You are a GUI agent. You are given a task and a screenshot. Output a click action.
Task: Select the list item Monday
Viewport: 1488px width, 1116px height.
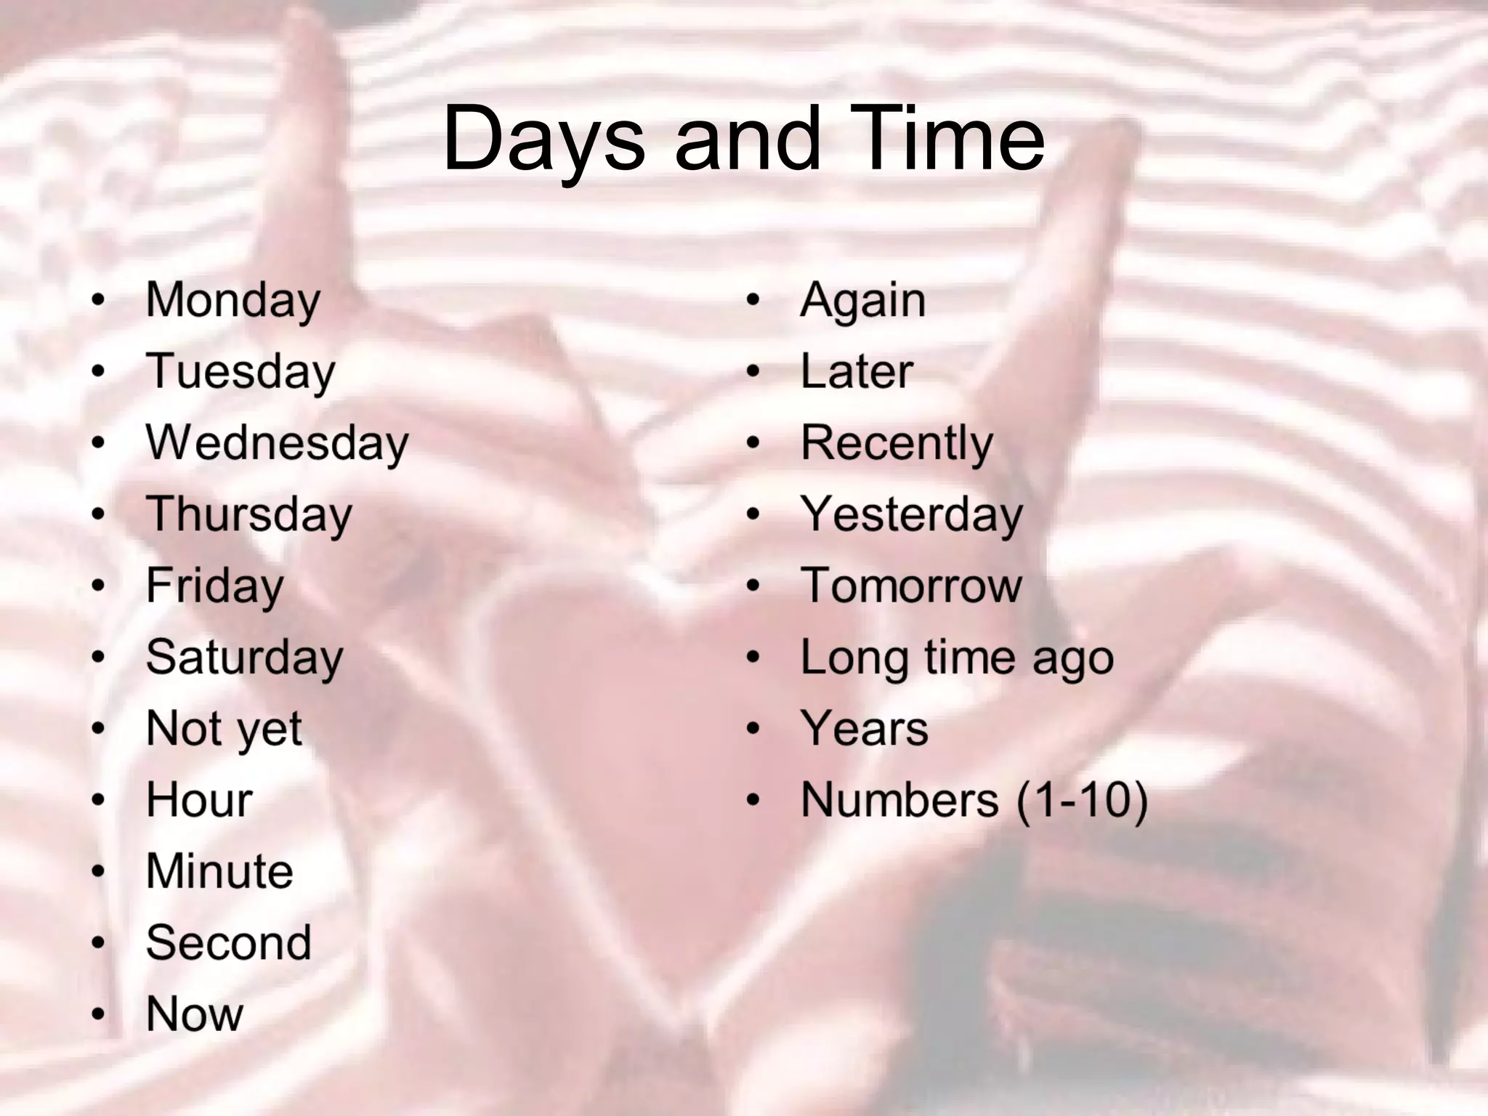click(x=233, y=300)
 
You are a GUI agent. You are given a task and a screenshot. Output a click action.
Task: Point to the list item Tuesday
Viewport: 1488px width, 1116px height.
click(x=240, y=371)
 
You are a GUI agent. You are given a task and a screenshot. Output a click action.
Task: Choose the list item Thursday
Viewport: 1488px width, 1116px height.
click(x=249, y=514)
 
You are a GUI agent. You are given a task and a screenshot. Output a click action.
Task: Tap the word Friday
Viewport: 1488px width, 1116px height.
click(x=215, y=586)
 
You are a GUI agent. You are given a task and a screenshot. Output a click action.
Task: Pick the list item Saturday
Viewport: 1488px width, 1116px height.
click(x=245, y=657)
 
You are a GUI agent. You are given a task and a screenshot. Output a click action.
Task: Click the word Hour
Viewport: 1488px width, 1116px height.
click(x=200, y=800)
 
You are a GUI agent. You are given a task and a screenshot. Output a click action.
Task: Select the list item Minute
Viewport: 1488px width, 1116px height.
click(x=220, y=871)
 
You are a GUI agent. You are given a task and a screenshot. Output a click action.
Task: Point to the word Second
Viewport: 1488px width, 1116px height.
click(x=229, y=942)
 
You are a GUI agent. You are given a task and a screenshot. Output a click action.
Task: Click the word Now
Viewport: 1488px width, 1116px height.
click(x=195, y=1014)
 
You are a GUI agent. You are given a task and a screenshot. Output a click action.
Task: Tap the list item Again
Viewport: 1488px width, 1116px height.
click(x=863, y=300)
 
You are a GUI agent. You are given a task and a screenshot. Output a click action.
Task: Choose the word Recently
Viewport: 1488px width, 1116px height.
click(x=897, y=442)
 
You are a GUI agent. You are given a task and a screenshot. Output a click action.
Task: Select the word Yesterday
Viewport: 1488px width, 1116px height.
click(x=912, y=514)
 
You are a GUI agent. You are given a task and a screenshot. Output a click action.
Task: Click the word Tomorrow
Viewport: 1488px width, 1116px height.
click(x=911, y=586)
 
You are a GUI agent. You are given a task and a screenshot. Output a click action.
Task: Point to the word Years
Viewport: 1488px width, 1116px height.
click(x=865, y=728)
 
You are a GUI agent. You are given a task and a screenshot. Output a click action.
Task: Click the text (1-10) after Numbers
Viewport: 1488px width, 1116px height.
click(x=1082, y=800)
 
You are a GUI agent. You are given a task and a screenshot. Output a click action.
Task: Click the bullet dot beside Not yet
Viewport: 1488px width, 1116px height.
click(x=98, y=729)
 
